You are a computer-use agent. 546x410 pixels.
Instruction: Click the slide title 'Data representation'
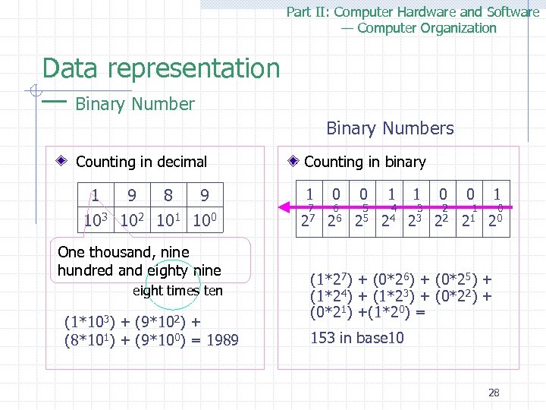[161, 68]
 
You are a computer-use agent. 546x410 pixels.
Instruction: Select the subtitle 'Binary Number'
[135, 104]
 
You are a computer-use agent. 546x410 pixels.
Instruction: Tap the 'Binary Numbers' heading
[390, 128]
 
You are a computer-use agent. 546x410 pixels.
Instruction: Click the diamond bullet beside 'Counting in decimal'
[67, 162]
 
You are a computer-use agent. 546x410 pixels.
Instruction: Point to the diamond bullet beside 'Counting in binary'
[294, 162]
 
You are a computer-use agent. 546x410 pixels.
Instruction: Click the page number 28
[494, 393]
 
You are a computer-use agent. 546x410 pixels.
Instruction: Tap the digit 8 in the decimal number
[168, 197]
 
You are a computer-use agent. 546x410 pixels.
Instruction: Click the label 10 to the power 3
[98, 222]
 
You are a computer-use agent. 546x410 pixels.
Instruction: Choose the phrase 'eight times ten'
[177, 291]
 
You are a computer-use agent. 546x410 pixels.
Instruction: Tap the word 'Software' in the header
[513, 11]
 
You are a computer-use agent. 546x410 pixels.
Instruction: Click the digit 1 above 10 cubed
[95, 197]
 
